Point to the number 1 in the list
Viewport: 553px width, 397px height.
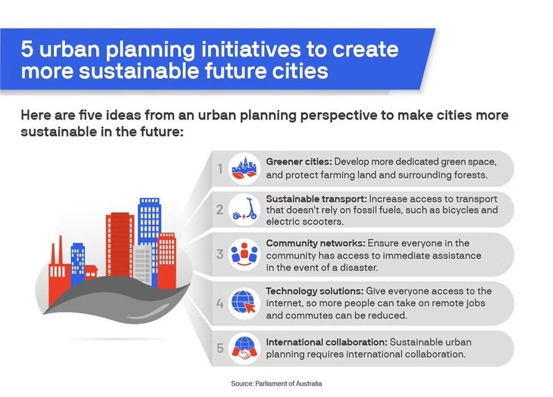(219, 168)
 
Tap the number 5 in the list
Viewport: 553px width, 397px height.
(219, 348)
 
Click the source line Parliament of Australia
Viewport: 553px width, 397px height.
(276, 383)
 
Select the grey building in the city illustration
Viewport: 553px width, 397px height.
(143, 264)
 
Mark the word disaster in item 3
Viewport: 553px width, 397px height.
(357, 267)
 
